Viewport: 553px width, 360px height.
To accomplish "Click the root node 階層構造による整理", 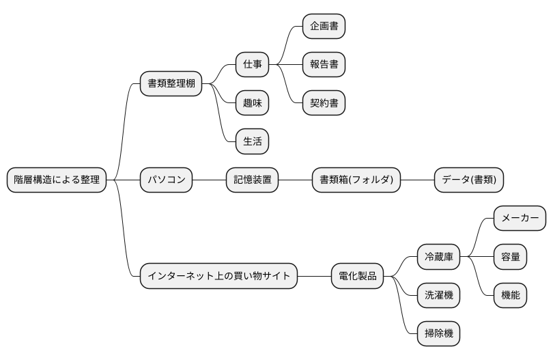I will [x=57, y=180].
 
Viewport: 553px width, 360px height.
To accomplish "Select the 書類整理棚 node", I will [x=171, y=84].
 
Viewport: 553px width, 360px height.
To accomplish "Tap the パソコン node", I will [x=167, y=180].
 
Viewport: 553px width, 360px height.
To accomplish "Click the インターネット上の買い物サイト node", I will [x=218, y=276].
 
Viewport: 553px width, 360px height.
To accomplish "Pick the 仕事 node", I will [x=252, y=65].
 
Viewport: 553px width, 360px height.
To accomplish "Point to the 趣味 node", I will [x=252, y=103].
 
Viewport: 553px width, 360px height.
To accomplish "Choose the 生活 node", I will [x=252, y=142].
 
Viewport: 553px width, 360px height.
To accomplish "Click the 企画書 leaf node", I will [x=324, y=27].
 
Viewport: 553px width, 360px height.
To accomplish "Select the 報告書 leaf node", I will [x=324, y=65].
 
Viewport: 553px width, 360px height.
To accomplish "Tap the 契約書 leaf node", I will [x=324, y=103].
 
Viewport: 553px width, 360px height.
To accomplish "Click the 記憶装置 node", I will [x=253, y=180].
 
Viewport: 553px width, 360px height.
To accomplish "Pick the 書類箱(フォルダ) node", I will [x=356, y=180].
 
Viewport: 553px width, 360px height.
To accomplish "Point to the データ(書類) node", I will [x=469, y=180].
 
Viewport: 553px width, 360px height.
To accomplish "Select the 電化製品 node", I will [x=358, y=276].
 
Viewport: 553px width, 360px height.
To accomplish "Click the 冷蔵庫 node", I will [x=438, y=257].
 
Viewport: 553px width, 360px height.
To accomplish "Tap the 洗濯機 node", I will [x=438, y=295].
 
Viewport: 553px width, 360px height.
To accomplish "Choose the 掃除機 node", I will [x=438, y=334].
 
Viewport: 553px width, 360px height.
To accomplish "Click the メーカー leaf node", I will [x=520, y=219].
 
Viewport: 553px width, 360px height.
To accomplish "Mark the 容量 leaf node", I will [x=510, y=257].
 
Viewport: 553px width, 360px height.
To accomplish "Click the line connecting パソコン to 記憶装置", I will [x=210, y=180].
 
